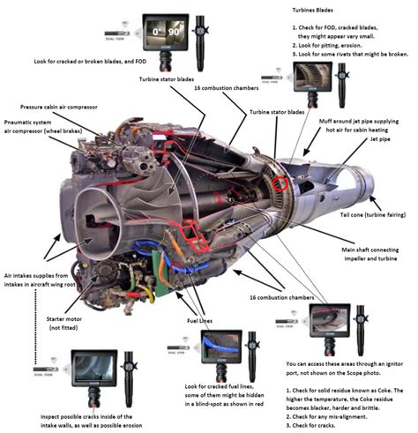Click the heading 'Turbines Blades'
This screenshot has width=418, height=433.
pyautogui.click(x=317, y=10)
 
